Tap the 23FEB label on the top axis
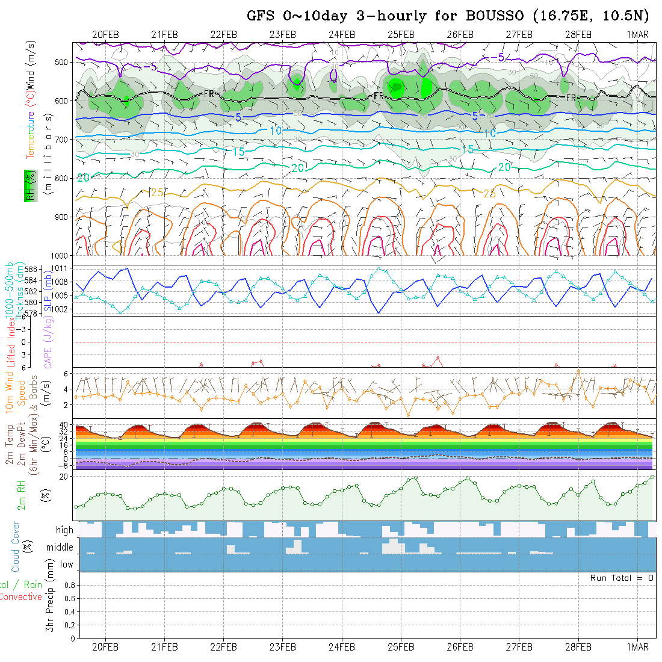(282, 34)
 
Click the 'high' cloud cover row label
(64, 530)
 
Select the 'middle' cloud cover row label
(60, 548)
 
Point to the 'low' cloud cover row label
(66, 565)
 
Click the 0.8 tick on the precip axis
(69, 585)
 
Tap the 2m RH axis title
(21, 495)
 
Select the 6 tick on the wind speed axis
(68, 374)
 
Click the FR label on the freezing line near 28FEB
(571, 97)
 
